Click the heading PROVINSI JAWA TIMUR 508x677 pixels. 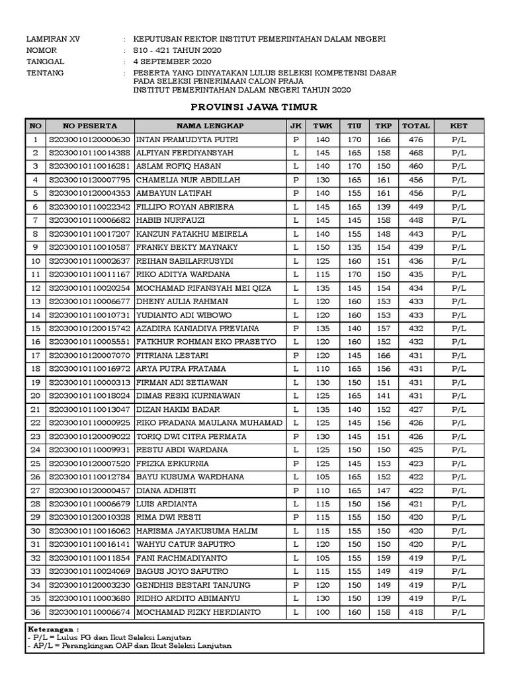click(254, 107)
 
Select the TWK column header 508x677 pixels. click(322, 126)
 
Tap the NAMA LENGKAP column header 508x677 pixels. click(210, 126)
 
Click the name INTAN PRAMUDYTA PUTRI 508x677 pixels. click(178, 139)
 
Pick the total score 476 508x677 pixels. click(415, 139)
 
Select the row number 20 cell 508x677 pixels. click(35, 395)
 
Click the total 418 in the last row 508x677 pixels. click(415, 612)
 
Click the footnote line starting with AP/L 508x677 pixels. click(129, 646)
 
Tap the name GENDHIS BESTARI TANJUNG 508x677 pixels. click(193, 584)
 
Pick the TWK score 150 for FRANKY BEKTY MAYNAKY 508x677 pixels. click(322, 247)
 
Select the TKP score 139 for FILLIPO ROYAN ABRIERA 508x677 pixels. click(383, 207)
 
